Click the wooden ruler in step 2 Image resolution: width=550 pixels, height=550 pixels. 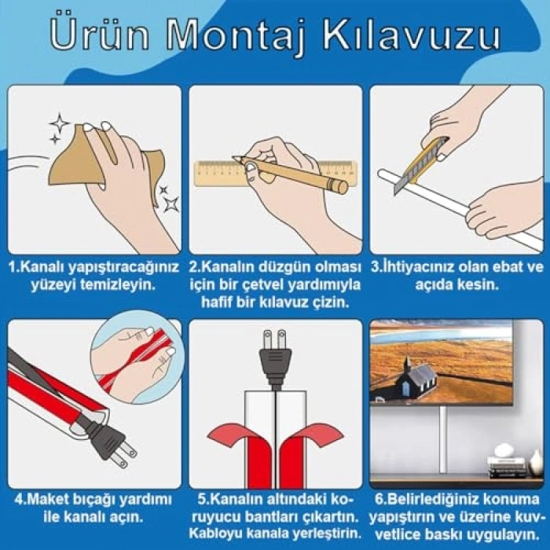[275, 174]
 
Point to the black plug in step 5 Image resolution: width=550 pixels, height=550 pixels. [275, 357]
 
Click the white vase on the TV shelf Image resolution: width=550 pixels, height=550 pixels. [536, 462]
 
